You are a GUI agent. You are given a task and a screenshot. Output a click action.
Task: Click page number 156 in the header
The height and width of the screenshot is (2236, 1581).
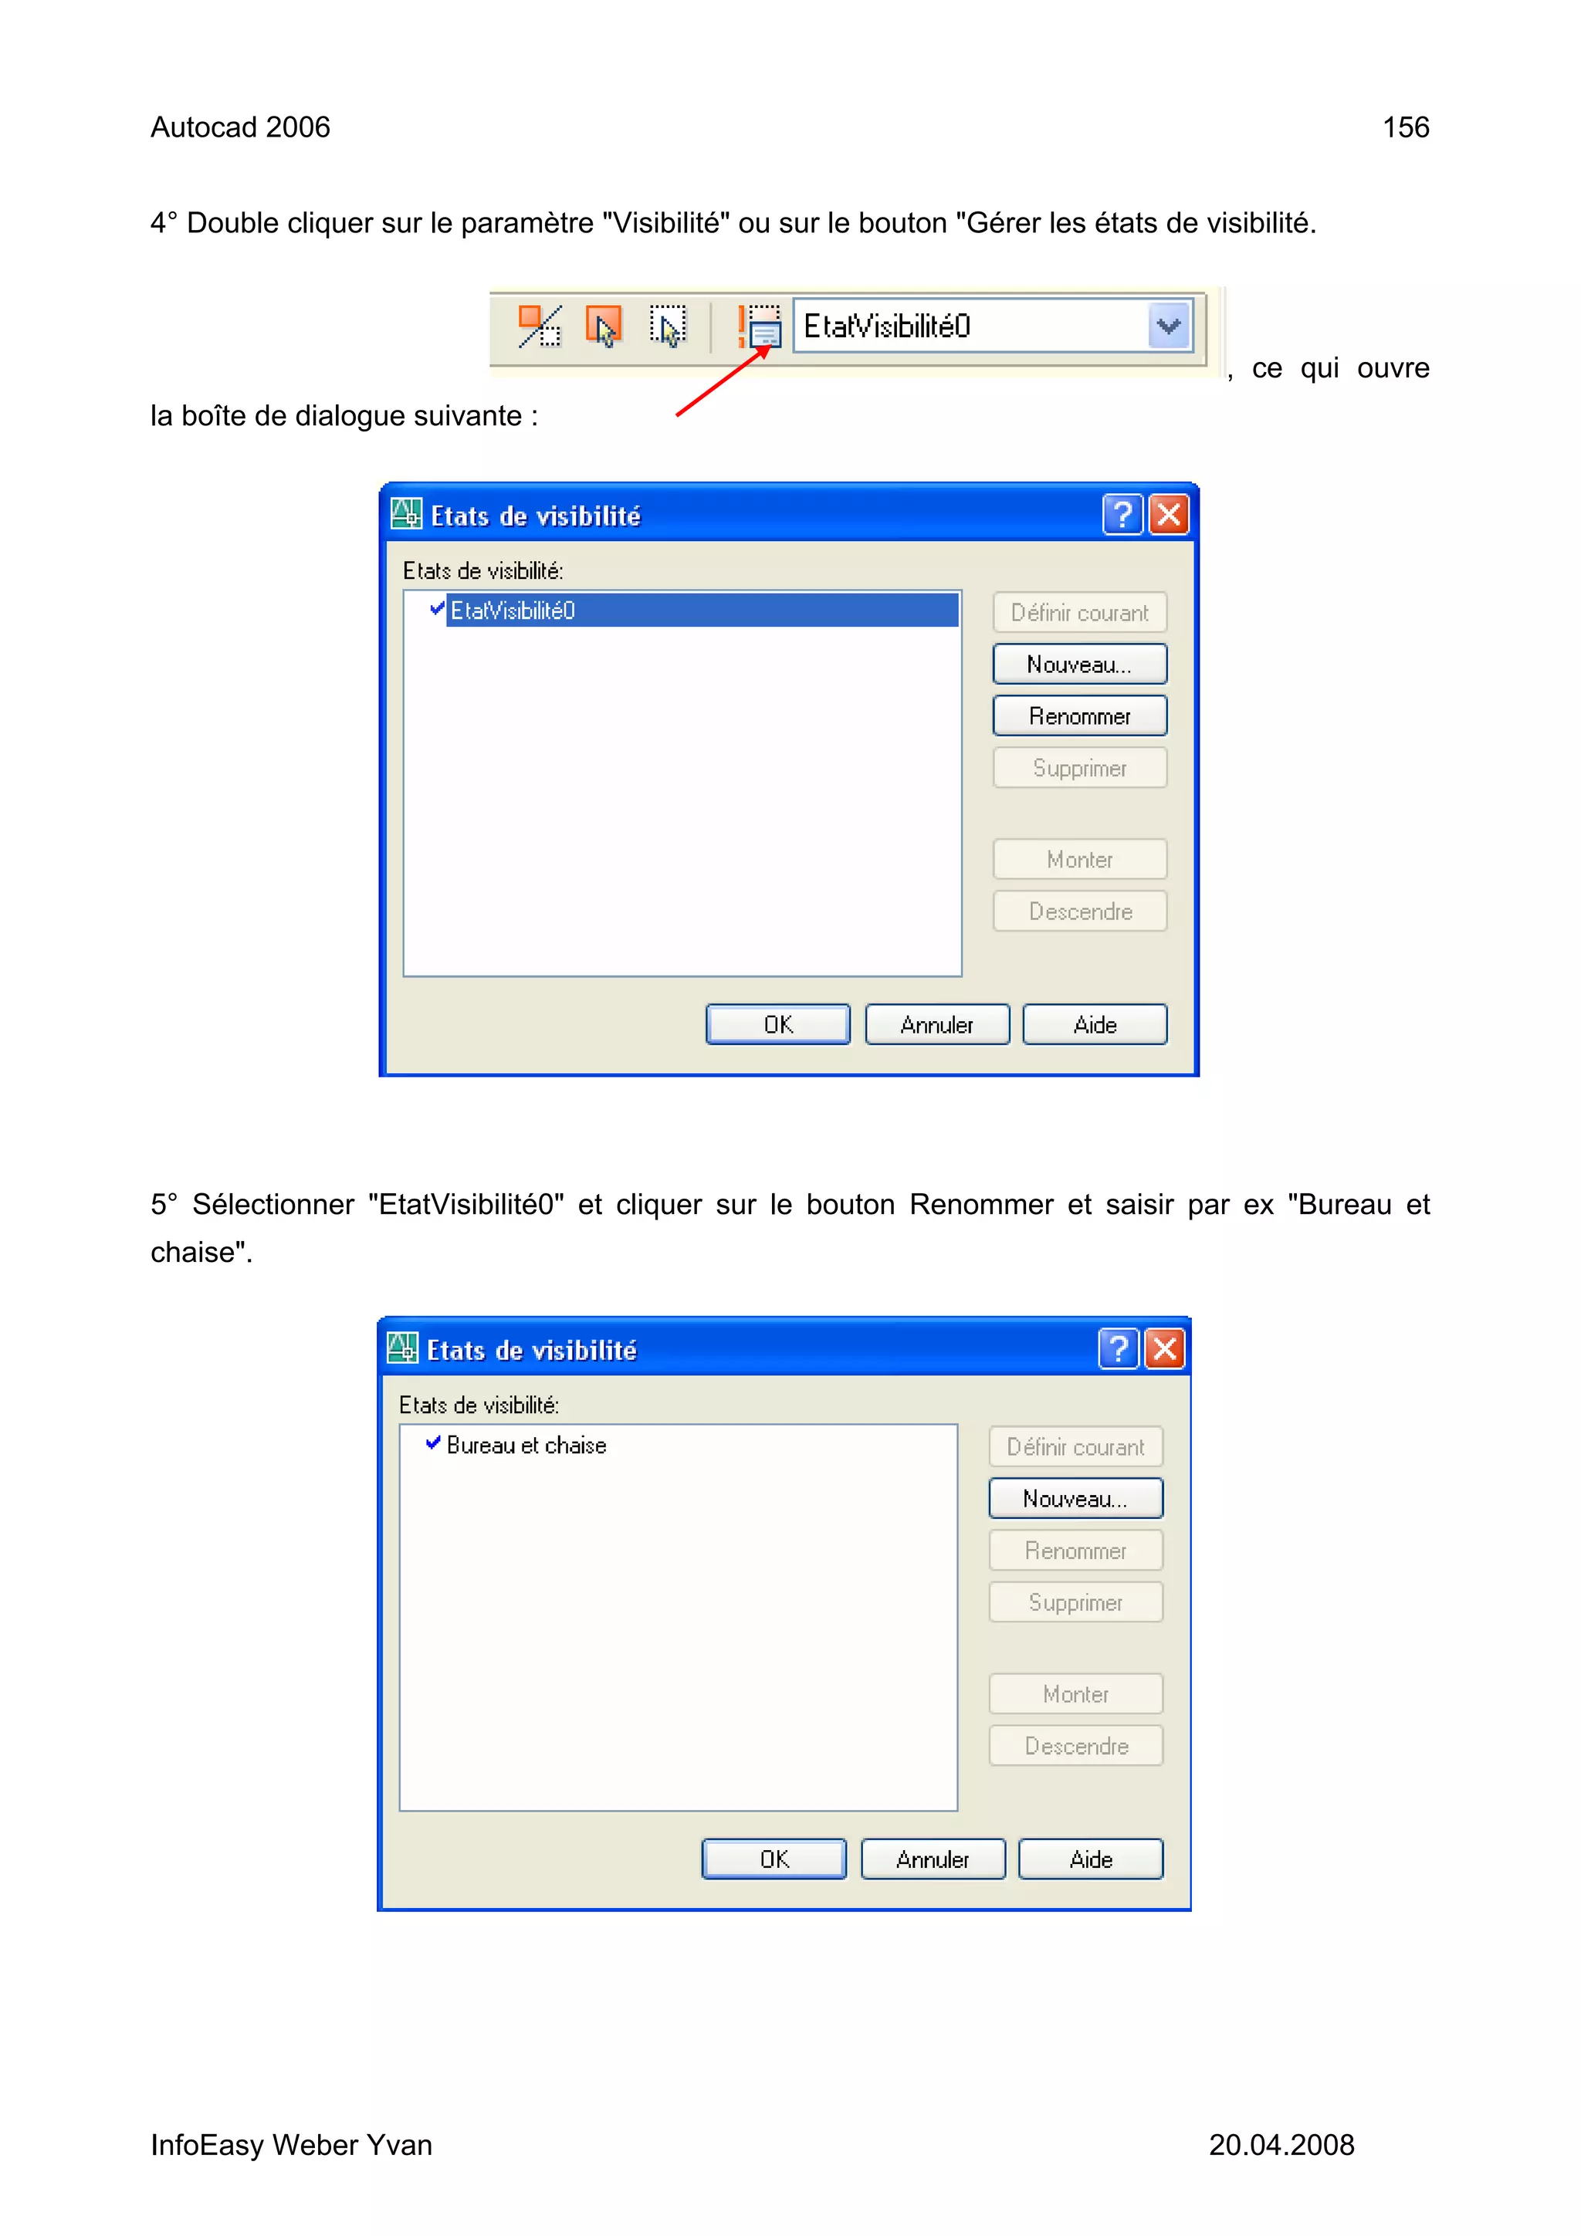click(1405, 127)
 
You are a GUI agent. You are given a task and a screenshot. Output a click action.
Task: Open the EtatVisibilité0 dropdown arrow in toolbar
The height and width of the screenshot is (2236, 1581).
click(1168, 326)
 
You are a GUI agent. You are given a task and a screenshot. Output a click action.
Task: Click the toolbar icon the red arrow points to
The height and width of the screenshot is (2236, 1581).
click(760, 327)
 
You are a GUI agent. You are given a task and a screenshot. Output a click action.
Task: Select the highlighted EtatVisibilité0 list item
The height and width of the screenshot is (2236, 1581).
click(702, 611)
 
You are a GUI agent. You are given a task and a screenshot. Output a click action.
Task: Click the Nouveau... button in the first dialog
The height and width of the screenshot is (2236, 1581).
click(1078, 665)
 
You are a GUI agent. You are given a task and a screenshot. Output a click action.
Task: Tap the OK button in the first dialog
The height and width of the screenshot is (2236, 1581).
click(777, 1024)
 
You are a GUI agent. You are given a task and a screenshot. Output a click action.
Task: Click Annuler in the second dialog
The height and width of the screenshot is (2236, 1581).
click(933, 1859)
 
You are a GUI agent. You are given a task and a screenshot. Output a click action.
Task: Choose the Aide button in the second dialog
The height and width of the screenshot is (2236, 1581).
click(1090, 1859)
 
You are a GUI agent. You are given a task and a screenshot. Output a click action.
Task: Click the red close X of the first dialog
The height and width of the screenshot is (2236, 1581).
click(1168, 514)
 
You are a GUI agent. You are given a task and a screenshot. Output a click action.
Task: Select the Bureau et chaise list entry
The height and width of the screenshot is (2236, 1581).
click(526, 1445)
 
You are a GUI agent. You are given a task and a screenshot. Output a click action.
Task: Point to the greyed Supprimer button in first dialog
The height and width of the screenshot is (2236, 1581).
click(1078, 769)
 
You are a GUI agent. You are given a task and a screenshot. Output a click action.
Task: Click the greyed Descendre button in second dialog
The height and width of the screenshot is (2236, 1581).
click(1075, 1746)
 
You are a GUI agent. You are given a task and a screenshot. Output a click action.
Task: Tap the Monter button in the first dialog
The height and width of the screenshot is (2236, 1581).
click(1078, 860)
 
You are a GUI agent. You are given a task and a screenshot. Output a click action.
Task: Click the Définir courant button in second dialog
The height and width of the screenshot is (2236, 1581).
click(1075, 1447)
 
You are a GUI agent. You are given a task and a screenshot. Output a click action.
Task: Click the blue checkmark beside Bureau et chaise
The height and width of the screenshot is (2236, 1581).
click(434, 1443)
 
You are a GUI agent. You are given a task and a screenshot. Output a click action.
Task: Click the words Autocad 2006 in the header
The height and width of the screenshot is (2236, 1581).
click(239, 127)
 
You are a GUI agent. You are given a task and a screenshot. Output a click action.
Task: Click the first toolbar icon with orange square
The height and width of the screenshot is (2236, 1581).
click(539, 326)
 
